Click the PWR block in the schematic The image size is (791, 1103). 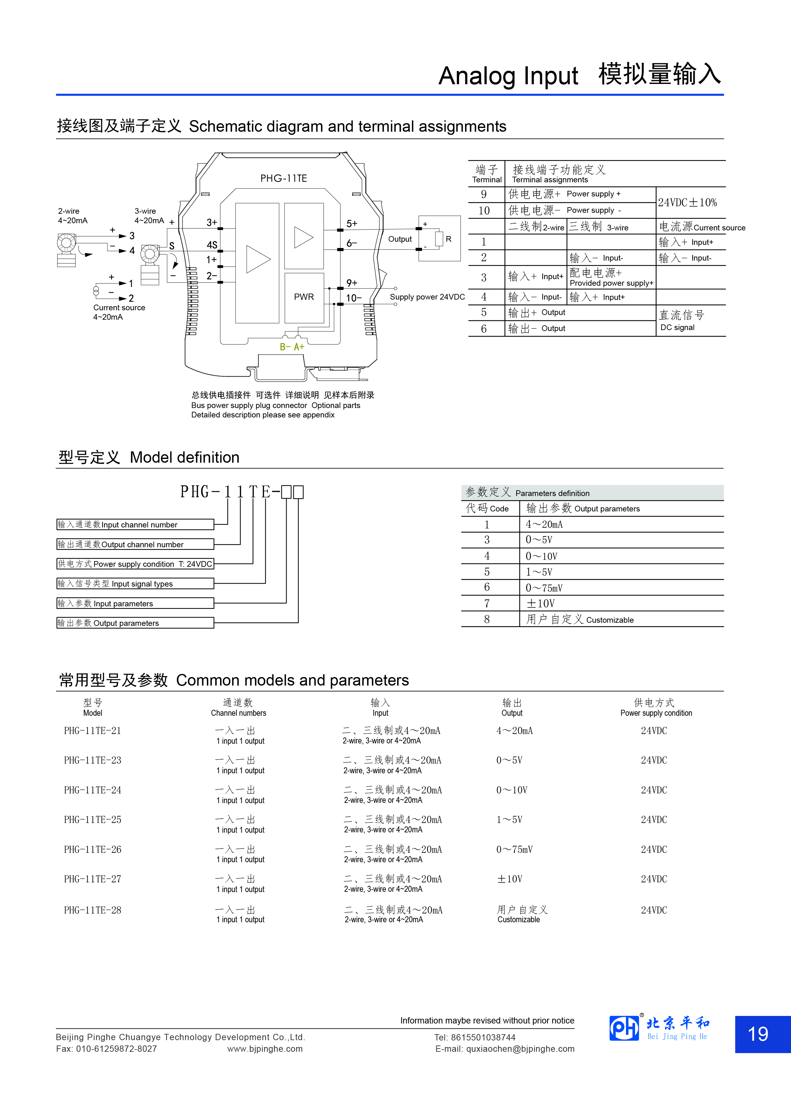304,297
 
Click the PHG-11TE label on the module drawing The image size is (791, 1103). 284,179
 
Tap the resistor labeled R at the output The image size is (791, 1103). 439,239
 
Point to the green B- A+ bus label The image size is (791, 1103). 292,347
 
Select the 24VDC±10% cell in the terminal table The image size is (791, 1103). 687,203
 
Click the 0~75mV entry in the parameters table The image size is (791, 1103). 544,588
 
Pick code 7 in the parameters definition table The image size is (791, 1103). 487,604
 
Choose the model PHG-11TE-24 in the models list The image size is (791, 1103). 92,790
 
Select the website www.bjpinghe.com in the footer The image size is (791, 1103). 265,1049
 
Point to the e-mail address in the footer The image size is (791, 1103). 505,1049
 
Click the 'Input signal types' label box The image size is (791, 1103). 135,584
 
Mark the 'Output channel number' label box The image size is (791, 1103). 135,544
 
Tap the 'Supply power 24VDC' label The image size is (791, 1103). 427,297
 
